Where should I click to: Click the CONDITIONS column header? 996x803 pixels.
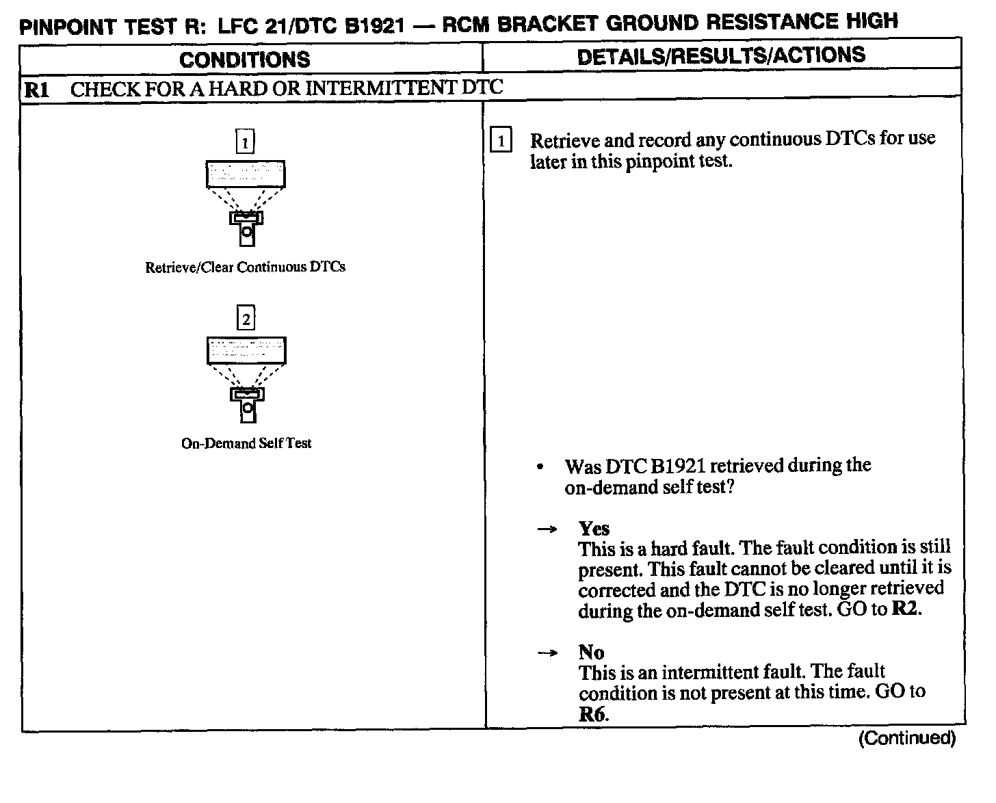pos(244,60)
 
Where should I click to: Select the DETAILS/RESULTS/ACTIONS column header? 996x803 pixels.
pos(721,56)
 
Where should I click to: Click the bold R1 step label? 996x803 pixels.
pos(36,90)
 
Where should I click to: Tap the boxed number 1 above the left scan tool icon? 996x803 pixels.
pos(245,142)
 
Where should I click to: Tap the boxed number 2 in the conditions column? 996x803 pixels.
pos(246,319)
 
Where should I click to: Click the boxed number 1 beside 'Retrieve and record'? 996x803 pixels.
pos(501,142)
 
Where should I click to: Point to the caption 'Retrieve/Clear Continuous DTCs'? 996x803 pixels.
pos(245,267)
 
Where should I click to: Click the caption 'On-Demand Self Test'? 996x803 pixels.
pos(246,443)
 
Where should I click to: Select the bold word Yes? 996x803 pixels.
pos(594,528)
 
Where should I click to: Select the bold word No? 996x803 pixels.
pos(591,652)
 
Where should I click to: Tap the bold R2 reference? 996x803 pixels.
pos(906,609)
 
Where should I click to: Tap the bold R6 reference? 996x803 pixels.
pos(592,715)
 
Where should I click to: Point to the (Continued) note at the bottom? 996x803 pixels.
pos(906,738)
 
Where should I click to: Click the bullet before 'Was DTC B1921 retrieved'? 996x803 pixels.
pos(541,468)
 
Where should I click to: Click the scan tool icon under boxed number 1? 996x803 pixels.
pos(246,202)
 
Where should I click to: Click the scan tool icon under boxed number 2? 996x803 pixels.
pos(246,379)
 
